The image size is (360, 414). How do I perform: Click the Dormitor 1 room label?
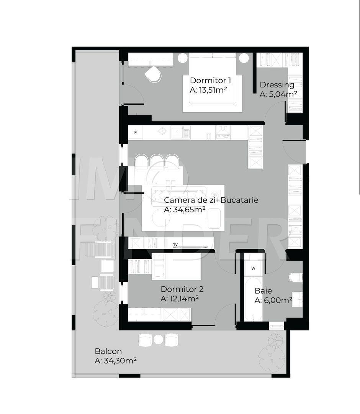[x=210, y=80]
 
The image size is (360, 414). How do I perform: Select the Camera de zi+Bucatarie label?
[x=211, y=200]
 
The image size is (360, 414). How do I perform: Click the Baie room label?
[x=263, y=291]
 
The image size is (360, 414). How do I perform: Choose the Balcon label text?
[x=108, y=351]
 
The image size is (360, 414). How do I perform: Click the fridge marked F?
[x=135, y=133]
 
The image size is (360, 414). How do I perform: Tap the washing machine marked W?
[x=253, y=268]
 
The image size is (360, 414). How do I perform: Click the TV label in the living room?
[x=175, y=245]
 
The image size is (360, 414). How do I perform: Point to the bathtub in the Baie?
[x=253, y=299]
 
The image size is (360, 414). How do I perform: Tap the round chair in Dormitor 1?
[x=153, y=74]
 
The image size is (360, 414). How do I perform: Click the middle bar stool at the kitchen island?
[x=157, y=161]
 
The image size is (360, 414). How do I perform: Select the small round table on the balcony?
[x=158, y=339]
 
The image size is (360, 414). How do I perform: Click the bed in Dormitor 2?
[x=177, y=266]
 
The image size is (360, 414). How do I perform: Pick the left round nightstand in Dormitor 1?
[x=183, y=58]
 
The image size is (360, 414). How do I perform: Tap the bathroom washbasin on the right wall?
[x=297, y=299]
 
